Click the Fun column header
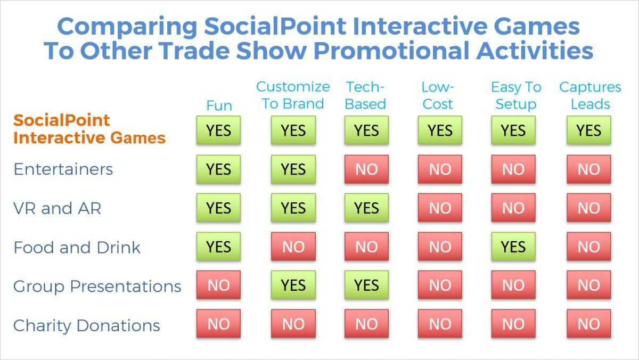click(219, 105)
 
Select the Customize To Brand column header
click(293, 95)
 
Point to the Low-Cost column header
click(438, 95)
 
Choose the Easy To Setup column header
click(515, 95)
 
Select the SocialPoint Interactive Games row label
click(89, 129)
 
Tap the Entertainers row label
click(63, 169)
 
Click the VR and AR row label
click(57, 208)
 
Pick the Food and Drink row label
click(77, 248)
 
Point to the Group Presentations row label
click(97, 287)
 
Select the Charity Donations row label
click(86, 325)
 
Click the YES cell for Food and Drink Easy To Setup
click(513, 247)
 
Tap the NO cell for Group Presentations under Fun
click(218, 286)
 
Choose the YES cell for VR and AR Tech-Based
click(366, 208)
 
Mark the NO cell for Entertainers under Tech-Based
click(366, 169)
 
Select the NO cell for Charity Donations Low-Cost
click(440, 324)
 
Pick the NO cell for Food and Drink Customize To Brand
click(293, 247)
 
